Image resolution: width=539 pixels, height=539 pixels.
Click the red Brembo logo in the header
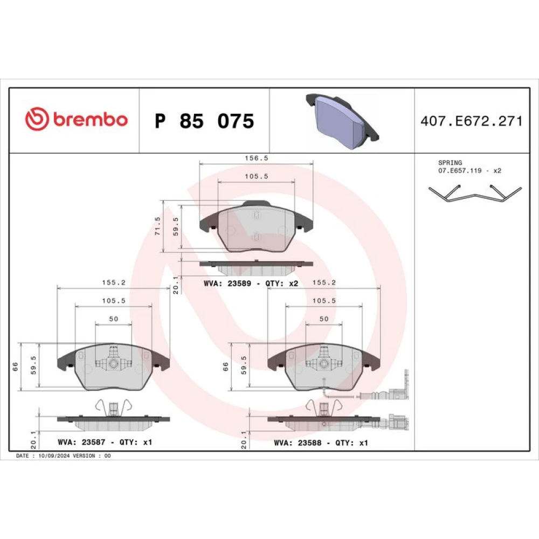[77, 119]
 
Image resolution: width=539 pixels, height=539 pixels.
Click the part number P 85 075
[204, 121]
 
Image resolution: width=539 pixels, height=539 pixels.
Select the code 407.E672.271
[471, 121]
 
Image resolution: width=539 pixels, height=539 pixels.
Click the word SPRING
[450, 163]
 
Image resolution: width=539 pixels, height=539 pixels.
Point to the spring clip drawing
[475, 194]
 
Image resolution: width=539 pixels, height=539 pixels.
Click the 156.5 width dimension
[256, 158]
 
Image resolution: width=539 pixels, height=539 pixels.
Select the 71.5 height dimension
[158, 226]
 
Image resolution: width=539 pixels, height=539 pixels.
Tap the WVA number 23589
[239, 284]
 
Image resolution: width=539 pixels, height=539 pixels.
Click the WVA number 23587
[93, 442]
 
